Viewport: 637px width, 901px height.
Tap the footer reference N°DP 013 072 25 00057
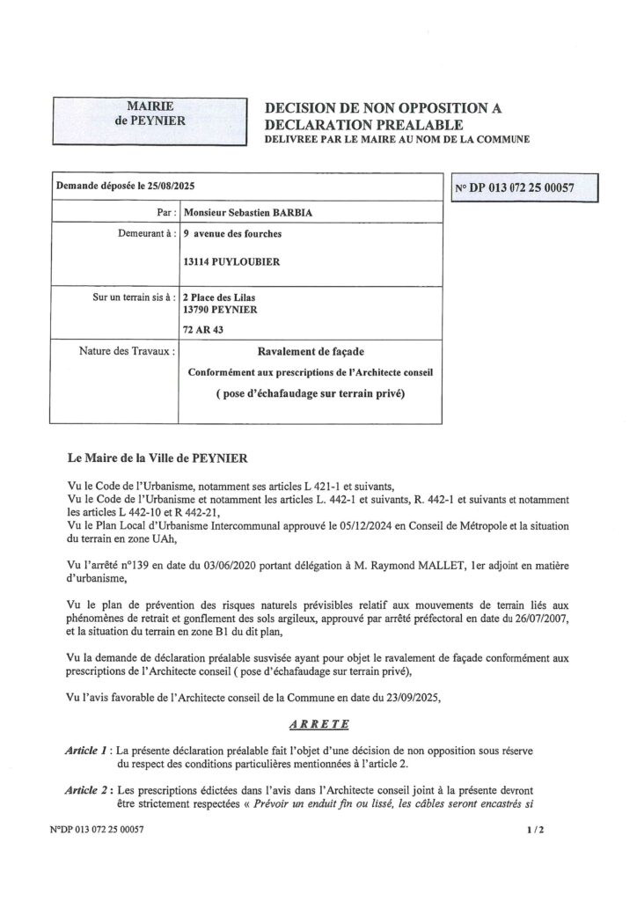[98, 830]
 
